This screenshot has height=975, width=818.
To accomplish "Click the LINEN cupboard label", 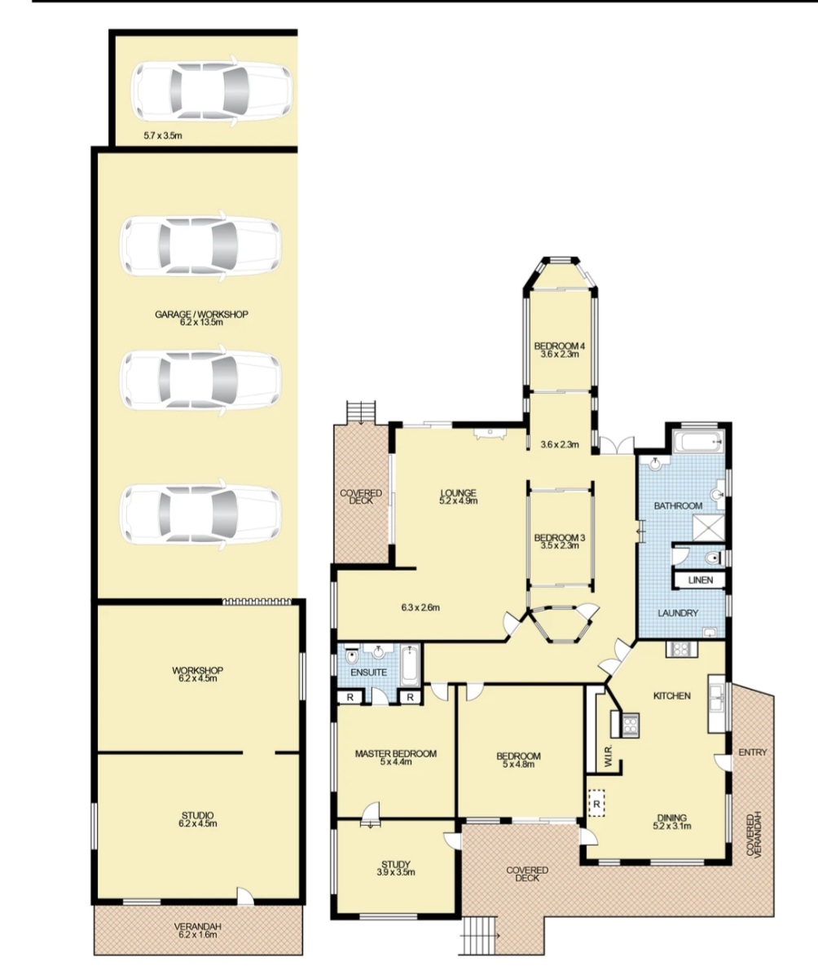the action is [x=701, y=580].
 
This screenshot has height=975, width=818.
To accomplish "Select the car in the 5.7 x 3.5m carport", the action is [x=211, y=91].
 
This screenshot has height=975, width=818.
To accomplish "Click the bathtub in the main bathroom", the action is [x=700, y=442].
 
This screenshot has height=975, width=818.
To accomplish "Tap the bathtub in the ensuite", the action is [x=411, y=664].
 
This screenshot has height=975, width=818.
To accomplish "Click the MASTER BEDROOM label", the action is [x=396, y=753].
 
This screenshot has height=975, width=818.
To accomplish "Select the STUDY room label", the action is [x=396, y=864].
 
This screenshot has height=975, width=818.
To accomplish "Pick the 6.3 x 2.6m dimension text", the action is [x=420, y=607].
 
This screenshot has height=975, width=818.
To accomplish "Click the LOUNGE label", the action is [x=458, y=493].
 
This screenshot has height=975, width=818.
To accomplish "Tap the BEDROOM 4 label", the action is [x=560, y=346].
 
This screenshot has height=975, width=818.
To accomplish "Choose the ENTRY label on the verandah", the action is [x=753, y=752].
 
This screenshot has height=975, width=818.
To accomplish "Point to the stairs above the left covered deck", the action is [x=361, y=412].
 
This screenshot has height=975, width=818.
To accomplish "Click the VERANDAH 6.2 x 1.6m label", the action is [x=199, y=930].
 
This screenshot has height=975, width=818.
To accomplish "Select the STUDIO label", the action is [x=198, y=815].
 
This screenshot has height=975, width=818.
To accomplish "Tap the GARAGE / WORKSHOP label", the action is [x=201, y=314].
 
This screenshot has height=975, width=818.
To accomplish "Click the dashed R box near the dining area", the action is [x=596, y=803].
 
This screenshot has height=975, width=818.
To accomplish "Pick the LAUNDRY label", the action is [x=678, y=613].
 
